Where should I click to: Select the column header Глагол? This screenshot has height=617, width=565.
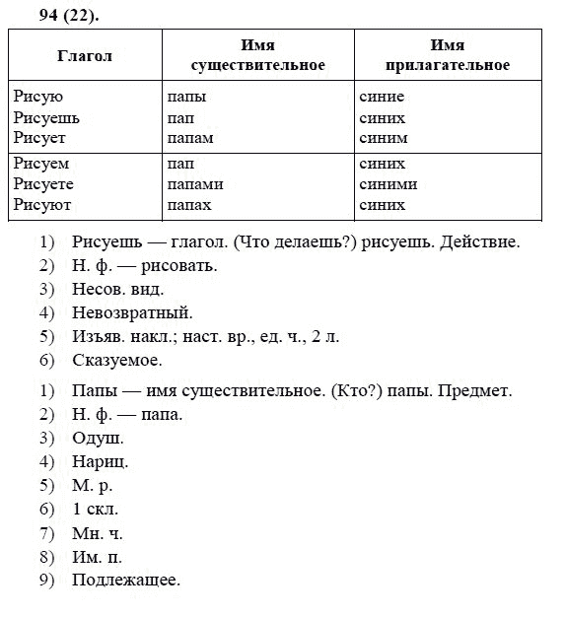86,56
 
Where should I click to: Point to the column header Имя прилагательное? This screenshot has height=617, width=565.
448,56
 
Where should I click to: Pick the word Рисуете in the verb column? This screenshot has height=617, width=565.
44,184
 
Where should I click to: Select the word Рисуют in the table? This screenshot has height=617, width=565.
42,205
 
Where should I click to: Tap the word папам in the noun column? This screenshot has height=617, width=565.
191,139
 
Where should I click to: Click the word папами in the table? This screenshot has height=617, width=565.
195,184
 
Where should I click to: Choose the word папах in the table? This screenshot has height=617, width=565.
190,205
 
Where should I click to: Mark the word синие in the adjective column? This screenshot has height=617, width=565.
382,98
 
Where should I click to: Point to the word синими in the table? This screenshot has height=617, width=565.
388,184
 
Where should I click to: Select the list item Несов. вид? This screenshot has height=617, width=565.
117,291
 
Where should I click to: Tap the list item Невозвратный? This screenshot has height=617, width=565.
132,314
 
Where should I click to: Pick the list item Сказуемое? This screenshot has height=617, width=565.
119,362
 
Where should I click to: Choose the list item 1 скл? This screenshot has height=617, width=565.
95,510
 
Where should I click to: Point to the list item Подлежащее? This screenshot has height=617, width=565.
126,581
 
